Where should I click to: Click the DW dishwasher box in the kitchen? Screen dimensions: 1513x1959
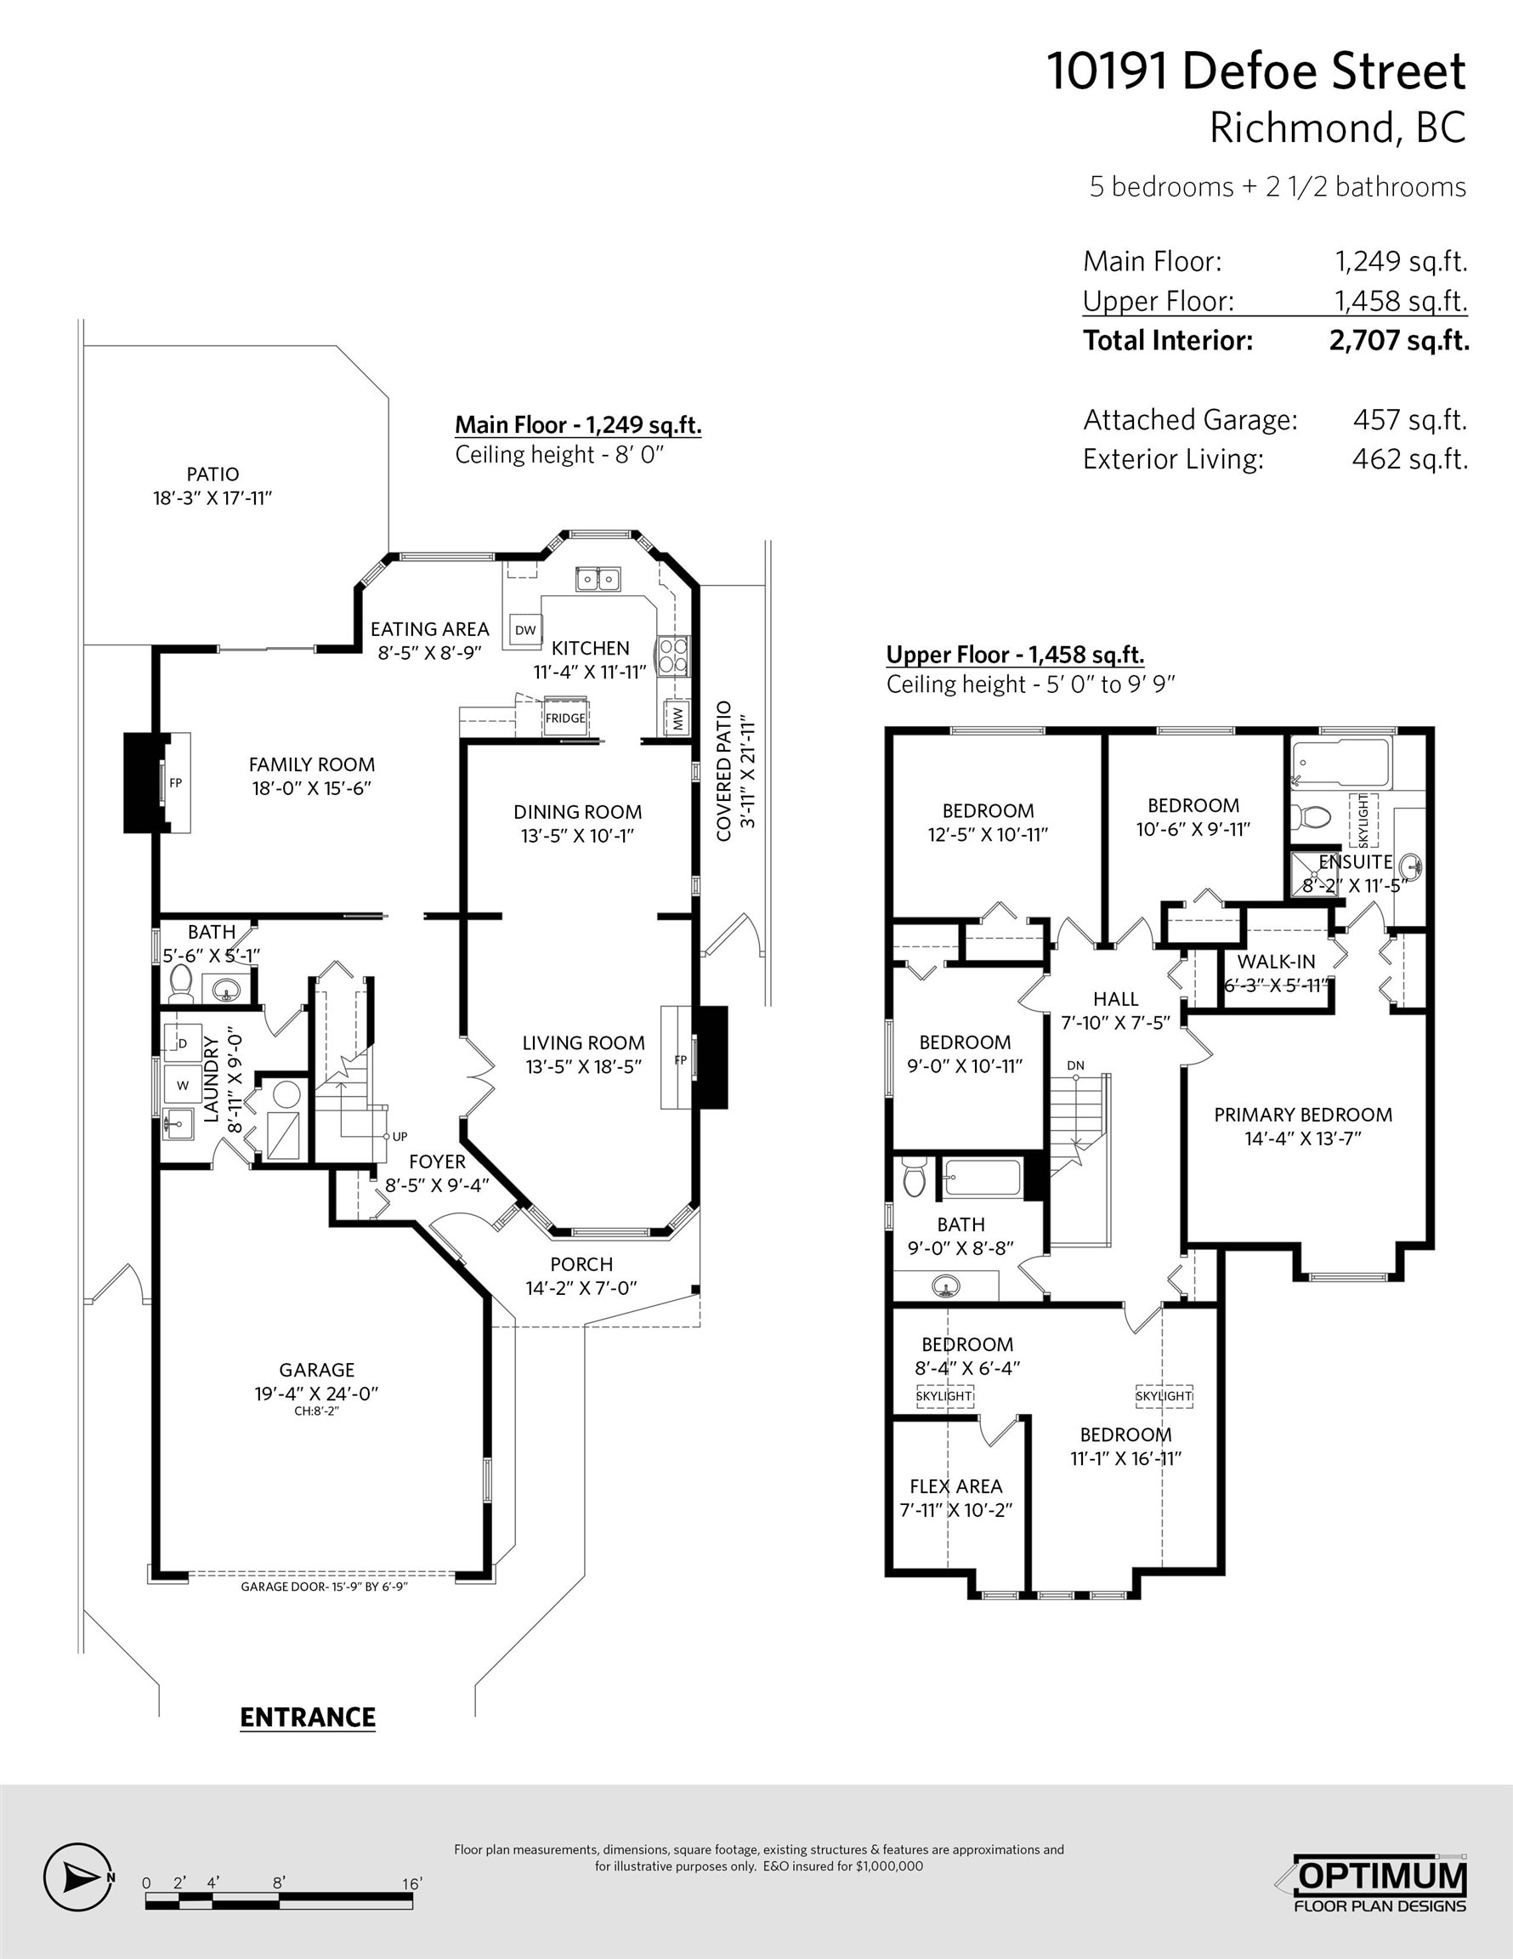(x=524, y=630)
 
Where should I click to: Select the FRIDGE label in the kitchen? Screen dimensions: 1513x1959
(x=565, y=718)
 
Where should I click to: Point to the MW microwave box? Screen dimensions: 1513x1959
(x=677, y=718)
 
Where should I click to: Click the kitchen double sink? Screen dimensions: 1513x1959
(x=599, y=578)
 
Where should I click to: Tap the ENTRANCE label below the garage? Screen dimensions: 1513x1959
(x=308, y=1718)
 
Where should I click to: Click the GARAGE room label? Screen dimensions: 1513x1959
(x=316, y=1370)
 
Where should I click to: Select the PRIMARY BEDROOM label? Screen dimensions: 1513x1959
(x=1303, y=1114)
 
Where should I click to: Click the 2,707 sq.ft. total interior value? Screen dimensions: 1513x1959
(x=1399, y=341)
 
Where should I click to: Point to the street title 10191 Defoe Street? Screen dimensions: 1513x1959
(x=1256, y=71)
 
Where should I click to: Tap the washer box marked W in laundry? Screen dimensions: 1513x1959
(x=183, y=1085)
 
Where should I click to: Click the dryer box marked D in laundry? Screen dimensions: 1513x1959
(x=183, y=1043)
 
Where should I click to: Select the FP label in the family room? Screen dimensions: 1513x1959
(x=176, y=783)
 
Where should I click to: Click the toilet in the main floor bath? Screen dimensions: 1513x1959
(x=181, y=984)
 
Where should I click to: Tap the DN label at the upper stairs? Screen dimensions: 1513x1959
(x=1076, y=1065)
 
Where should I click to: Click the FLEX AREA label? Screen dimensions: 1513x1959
(x=956, y=1486)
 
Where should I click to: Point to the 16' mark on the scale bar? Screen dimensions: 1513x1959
(x=411, y=1883)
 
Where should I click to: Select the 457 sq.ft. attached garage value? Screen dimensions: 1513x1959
(x=1410, y=420)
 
